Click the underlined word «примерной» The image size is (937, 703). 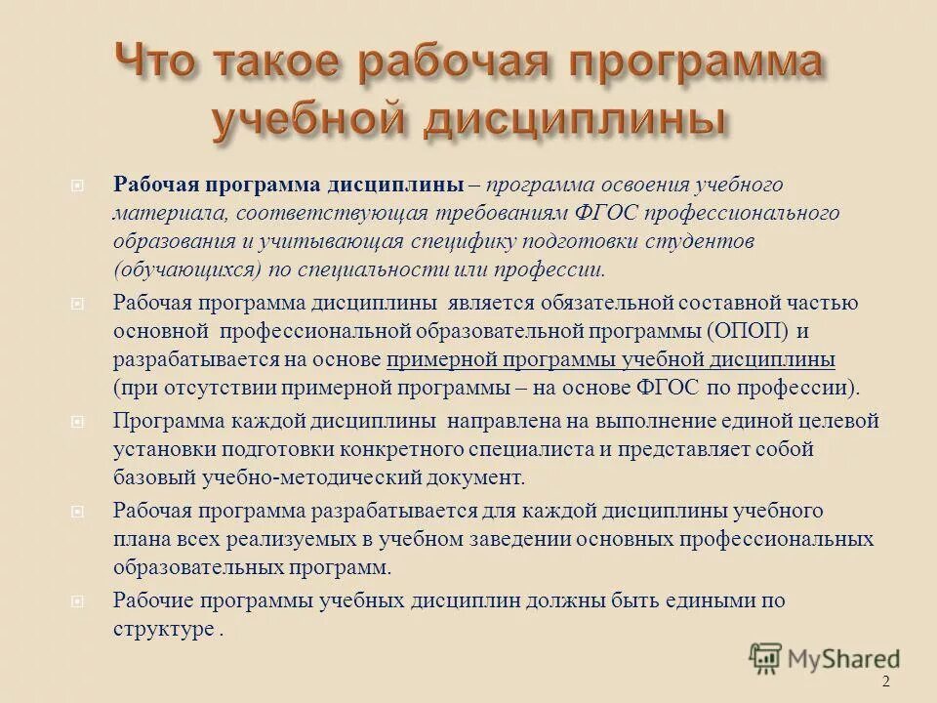[x=442, y=359]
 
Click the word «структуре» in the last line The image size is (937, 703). [x=162, y=629]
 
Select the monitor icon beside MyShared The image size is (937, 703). [x=766, y=658]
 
